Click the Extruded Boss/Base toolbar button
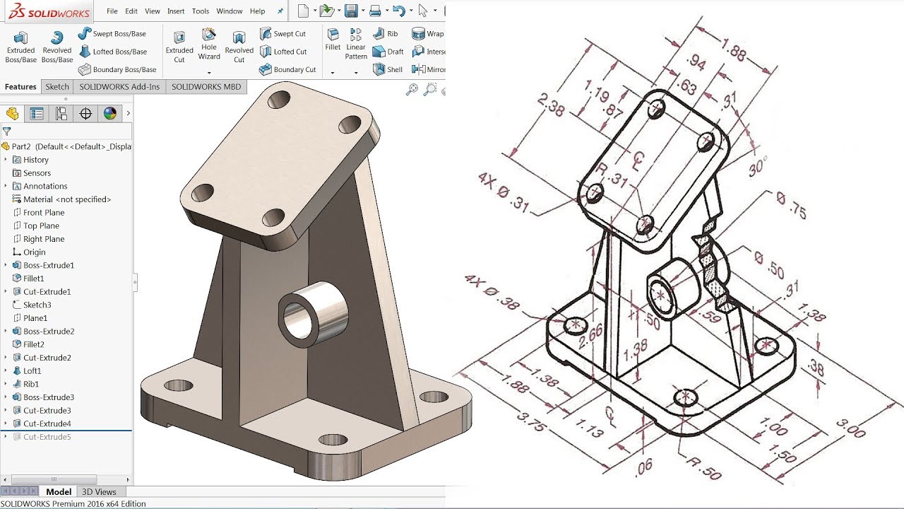pos(20,47)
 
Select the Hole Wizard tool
pos(208,44)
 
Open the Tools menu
pos(201,11)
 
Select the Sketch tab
pos(57,87)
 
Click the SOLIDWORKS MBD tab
pos(206,87)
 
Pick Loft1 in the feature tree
pos(32,371)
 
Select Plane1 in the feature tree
pos(35,318)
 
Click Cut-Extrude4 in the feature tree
pos(47,424)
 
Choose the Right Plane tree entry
pos(43,239)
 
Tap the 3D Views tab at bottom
pos(99,492)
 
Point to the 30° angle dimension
pos(757,168)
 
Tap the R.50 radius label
pos(705,470)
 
